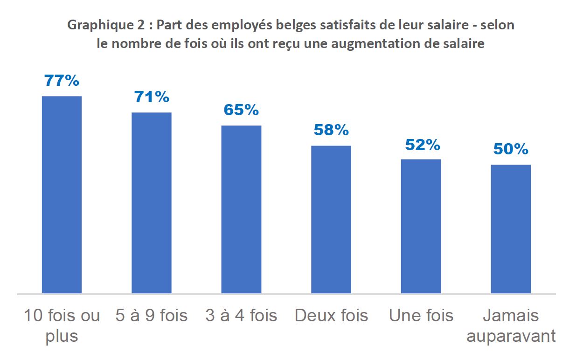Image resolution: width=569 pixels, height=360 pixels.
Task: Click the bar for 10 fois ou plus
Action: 62,194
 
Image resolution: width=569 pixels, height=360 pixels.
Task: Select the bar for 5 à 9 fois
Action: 152,203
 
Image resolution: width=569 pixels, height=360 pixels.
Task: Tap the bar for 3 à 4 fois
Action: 241,209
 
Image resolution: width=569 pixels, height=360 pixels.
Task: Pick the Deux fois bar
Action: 331,219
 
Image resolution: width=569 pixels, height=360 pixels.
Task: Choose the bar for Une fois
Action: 421,226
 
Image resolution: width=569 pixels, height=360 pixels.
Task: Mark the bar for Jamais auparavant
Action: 511,229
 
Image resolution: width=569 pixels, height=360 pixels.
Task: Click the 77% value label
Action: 62,81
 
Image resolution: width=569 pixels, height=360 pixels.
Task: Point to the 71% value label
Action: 152,97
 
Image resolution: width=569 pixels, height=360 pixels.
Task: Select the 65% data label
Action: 241,110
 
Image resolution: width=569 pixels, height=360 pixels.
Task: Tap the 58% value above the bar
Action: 331,130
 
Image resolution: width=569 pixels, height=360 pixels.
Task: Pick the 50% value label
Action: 511,149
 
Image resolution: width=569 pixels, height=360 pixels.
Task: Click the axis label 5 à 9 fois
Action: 152,316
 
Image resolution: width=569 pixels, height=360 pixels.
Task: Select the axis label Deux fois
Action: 331,316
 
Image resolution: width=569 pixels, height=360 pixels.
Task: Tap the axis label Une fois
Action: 421,316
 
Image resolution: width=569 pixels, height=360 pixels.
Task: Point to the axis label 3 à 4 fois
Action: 241,316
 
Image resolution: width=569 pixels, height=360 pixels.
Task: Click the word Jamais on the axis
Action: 511,316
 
